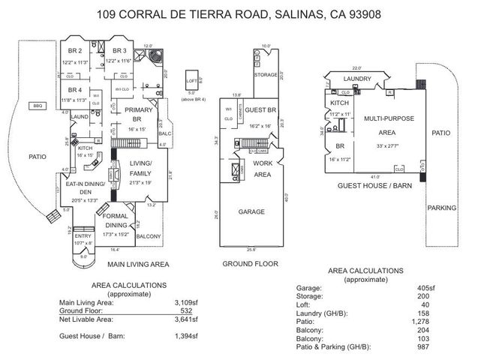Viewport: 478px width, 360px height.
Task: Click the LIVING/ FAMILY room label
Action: point(140,167)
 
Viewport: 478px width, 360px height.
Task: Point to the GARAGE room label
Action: point(251,212)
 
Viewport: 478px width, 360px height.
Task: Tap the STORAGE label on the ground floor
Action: point(265,75)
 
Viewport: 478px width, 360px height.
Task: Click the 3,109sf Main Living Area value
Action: point(185,302)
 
